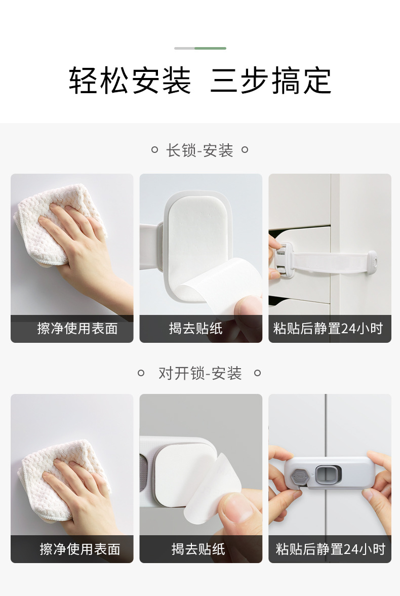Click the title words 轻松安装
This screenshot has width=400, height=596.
130,81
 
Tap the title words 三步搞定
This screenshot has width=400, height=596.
271,81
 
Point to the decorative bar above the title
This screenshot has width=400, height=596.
200,49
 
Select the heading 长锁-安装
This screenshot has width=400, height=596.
199,150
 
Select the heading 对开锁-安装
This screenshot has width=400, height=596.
199,374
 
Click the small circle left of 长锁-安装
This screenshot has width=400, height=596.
155,150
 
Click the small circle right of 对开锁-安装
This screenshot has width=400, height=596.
257,373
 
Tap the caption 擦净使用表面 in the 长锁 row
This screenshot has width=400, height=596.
77,329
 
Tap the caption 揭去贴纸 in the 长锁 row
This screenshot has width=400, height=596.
196,329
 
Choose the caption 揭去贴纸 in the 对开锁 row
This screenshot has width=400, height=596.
198,549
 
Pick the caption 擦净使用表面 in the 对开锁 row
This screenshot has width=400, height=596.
80,549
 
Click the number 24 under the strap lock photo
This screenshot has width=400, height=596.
349,329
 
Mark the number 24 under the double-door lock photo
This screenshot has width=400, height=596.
351,549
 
